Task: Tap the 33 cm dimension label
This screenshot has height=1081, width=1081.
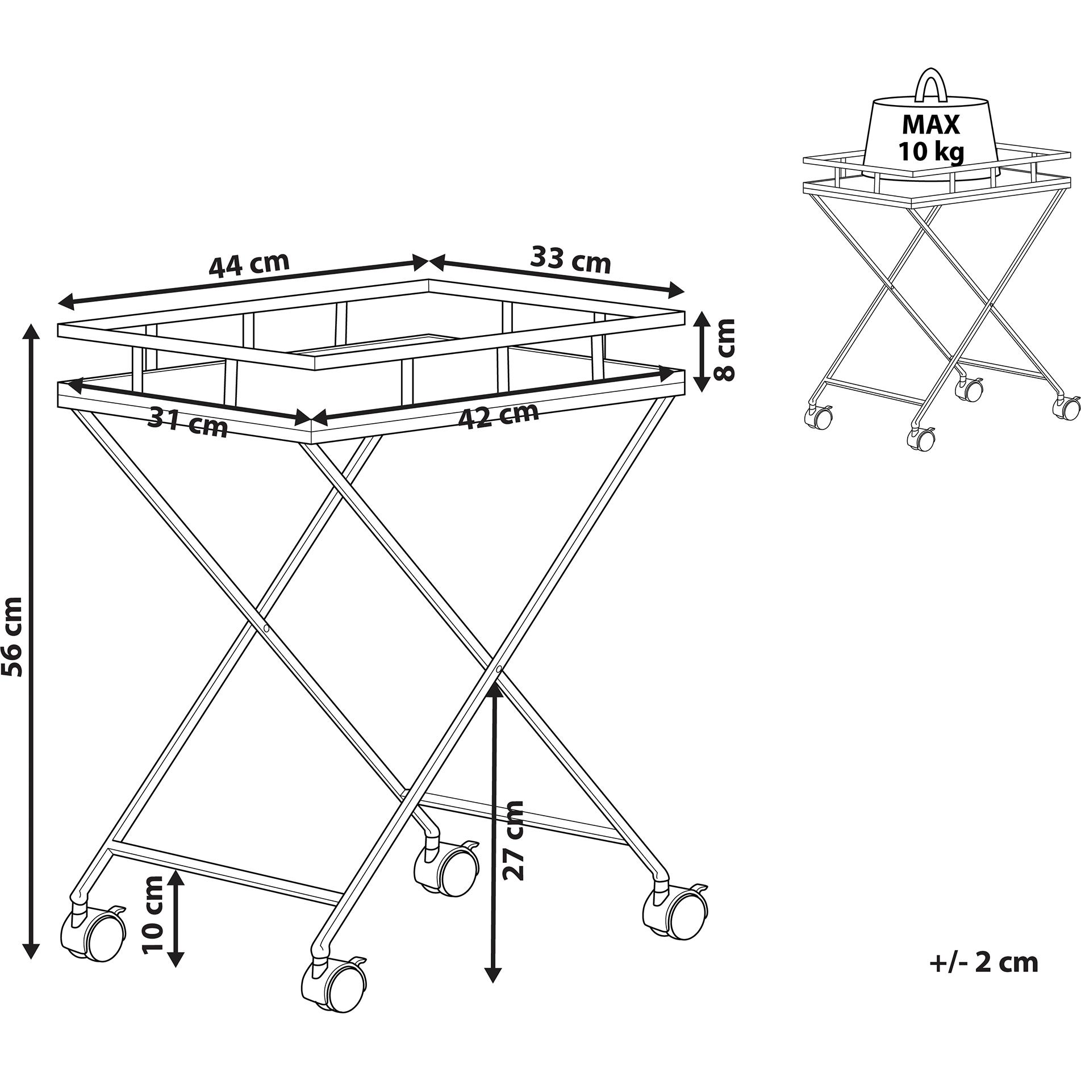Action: (570, 261)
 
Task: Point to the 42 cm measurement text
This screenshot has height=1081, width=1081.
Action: (498, 416)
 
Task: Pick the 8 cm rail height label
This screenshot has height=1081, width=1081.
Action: (724, 349)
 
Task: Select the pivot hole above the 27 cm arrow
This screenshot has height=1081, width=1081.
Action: (498, 670)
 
